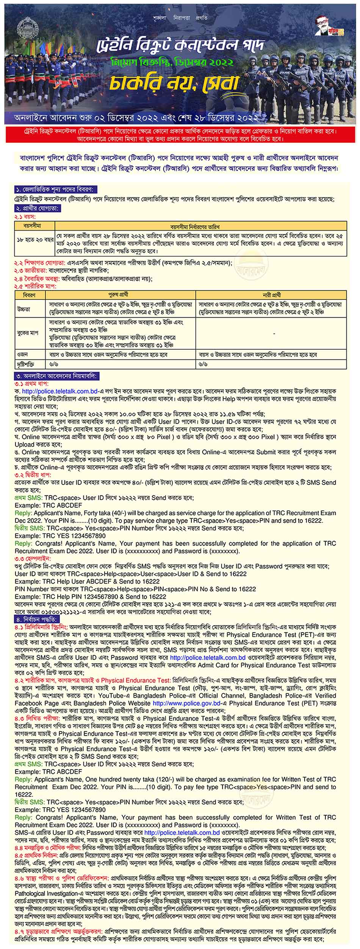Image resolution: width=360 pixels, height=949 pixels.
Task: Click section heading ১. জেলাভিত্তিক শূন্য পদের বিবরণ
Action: coord(55,190)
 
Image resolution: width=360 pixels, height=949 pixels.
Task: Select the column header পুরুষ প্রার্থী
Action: coord(121,295)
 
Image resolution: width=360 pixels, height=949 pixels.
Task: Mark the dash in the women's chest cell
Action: coord(274,334)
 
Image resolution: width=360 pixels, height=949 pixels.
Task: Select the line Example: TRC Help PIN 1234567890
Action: coord(85,596)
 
